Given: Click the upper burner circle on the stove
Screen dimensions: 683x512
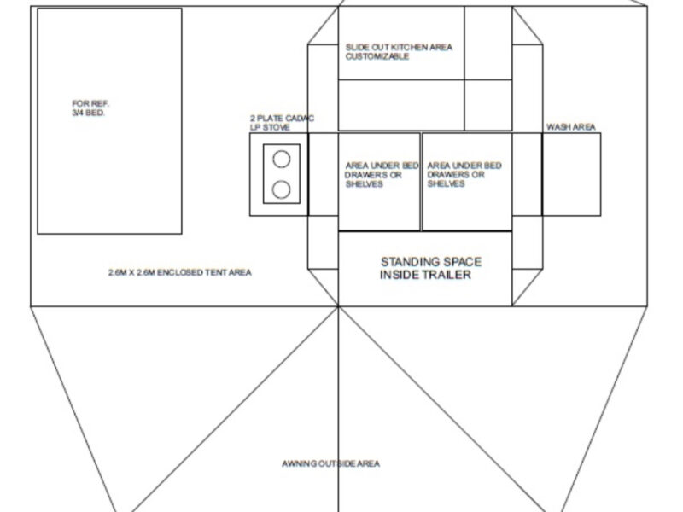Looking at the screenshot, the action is click(282, 160).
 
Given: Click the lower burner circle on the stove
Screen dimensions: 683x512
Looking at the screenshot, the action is click(282, 189).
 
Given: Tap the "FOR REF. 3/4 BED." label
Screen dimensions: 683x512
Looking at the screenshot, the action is click(90, 108).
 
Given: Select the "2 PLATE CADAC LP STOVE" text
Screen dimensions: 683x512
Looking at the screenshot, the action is click(282, 123).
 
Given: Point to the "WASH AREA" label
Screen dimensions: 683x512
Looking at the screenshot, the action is click(570, 127).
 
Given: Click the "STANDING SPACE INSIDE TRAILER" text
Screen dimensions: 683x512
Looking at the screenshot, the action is click(431, 268).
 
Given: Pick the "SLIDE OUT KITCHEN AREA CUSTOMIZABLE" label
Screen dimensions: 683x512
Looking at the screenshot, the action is click(399, 52).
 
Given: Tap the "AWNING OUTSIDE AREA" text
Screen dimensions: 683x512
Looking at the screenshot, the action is click(330, 463).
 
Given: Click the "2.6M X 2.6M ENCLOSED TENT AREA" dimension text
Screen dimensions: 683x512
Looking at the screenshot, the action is click(180, 272).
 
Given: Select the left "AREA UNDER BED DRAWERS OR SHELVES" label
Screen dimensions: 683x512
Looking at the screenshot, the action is click(382, 175).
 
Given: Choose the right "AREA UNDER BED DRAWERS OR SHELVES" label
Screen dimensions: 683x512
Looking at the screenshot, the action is click(464, 175).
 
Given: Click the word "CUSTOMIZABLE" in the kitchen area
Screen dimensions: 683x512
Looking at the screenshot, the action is click(377, 56).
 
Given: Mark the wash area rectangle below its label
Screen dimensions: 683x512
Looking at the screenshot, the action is click(571, 175).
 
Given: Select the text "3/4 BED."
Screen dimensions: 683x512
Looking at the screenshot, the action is click(89, 113).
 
